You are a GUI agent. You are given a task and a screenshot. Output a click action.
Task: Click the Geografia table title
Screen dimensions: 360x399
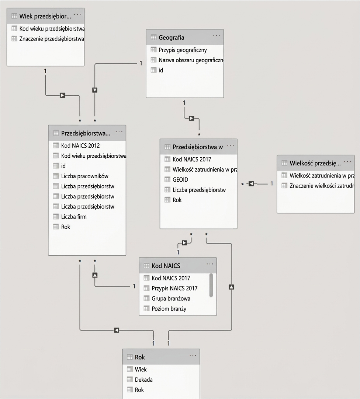tap(171, 38)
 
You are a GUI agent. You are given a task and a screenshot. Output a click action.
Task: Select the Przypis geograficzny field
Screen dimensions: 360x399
tap(183, 50)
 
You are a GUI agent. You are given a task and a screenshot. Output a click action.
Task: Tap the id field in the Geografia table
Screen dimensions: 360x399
tap(161, 70)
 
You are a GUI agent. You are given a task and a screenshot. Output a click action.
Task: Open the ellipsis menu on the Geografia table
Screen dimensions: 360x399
tap(216, 36)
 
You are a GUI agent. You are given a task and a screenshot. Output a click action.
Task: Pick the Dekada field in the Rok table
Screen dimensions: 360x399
tap(144, 380)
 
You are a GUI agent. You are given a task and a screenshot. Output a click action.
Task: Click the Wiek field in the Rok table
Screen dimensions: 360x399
tap(141, 370)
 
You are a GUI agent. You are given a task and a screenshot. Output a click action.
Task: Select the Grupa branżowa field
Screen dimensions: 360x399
tap(171, 298)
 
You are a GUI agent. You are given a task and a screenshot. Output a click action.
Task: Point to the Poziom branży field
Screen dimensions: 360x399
tap(169, 309)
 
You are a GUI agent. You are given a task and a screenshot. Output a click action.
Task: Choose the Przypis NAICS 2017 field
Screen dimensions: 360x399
tap(174, 288)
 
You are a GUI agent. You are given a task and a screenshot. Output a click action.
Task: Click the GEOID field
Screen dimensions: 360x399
tap(180, 180)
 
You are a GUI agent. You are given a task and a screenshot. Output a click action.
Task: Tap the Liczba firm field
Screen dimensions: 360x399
tap(74, 217)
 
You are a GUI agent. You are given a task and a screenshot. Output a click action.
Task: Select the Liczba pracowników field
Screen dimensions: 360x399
tap(84, 176)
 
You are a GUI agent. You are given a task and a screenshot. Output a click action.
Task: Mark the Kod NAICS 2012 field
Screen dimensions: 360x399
tap(80, 146)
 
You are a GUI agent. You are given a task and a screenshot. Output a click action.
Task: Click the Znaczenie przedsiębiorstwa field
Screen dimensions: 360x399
tap(52, 39)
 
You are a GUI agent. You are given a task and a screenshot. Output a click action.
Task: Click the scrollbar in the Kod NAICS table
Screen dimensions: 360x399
tap(211, 285)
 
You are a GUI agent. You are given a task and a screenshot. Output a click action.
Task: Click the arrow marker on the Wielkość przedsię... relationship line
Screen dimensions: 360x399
tap(251, 183)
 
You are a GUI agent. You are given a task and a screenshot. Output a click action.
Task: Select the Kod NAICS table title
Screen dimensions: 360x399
tap(166, 266)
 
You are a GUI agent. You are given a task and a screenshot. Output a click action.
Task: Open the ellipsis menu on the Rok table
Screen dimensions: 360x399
tap(193, 356)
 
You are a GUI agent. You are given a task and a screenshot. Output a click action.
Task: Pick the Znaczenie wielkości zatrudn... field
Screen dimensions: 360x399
tap(322, 186)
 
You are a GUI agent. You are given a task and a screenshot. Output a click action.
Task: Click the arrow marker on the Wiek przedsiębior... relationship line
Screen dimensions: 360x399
tap(62, 95)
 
